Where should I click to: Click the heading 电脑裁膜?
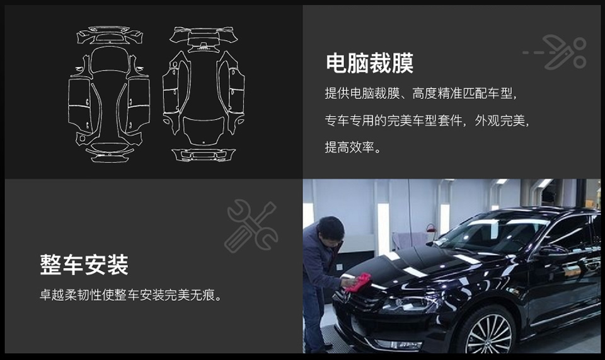pyautogui.click(x=369, y=63)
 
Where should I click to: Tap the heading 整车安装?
pyautogui.click(x=84, y=265)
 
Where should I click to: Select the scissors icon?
pyautogui.click(x=564, y=52)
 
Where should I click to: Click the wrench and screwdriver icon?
pyautogui.click(x=251, y=226)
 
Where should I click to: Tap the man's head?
pyautogui.click(x=331, y=229)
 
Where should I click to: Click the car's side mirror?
pyautogui.click(x=553, y=250)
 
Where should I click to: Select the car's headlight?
pyautogui.click(x=408, y=305)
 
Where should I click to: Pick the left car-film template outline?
pyautogui.click(x=109, y=94)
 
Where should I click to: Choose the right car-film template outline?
pyautogui.click(x=204, y=94)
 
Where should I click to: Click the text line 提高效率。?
pyautogui.click(x=353, y=148)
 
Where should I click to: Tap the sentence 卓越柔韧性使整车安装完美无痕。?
pyautogui.click(x=131, y=295)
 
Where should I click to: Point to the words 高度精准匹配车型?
pyautogui.click(x=463, y=93)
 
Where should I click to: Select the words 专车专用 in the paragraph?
pyautogui.click(x=350, y=121)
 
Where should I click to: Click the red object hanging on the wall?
pyautogui.click(x=430, y=228)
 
